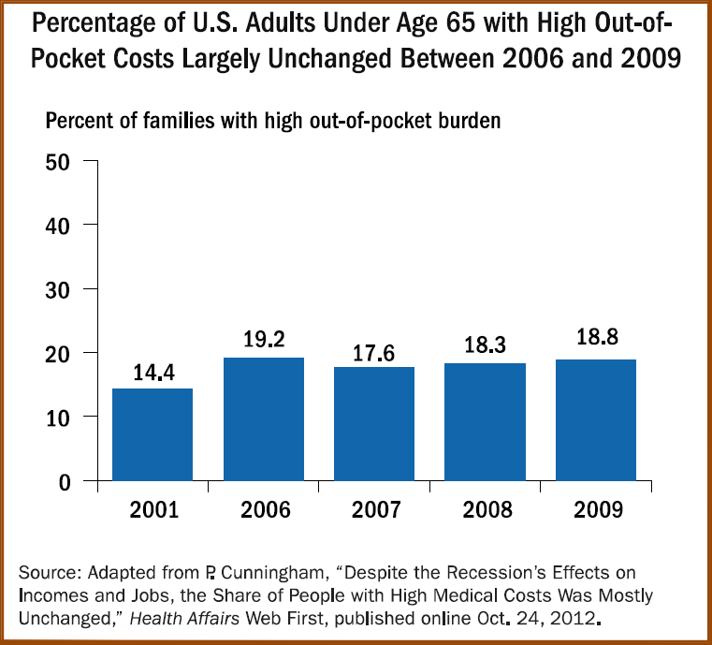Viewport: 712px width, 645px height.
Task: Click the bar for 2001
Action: pos(153,434)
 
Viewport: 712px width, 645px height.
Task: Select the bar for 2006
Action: pos(264,419)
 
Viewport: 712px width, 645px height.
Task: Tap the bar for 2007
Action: pos(374,424)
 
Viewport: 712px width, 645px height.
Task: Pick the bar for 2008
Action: pos(486,422)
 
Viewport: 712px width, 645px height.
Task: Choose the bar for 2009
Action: pos(597,420)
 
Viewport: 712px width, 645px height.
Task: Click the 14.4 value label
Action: pos(153,372)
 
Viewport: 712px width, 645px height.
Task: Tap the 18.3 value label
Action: pos(486,346)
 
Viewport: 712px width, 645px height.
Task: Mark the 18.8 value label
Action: pos(597,344)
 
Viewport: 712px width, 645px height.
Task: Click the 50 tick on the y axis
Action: pos(59,161)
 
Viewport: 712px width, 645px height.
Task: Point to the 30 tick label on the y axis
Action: pos(59,289)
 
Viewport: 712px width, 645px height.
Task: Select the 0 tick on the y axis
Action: pos(65,482)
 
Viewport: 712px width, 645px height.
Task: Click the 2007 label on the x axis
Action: pos(374,510)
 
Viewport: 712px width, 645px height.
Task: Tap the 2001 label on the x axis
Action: pos(153,510)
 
